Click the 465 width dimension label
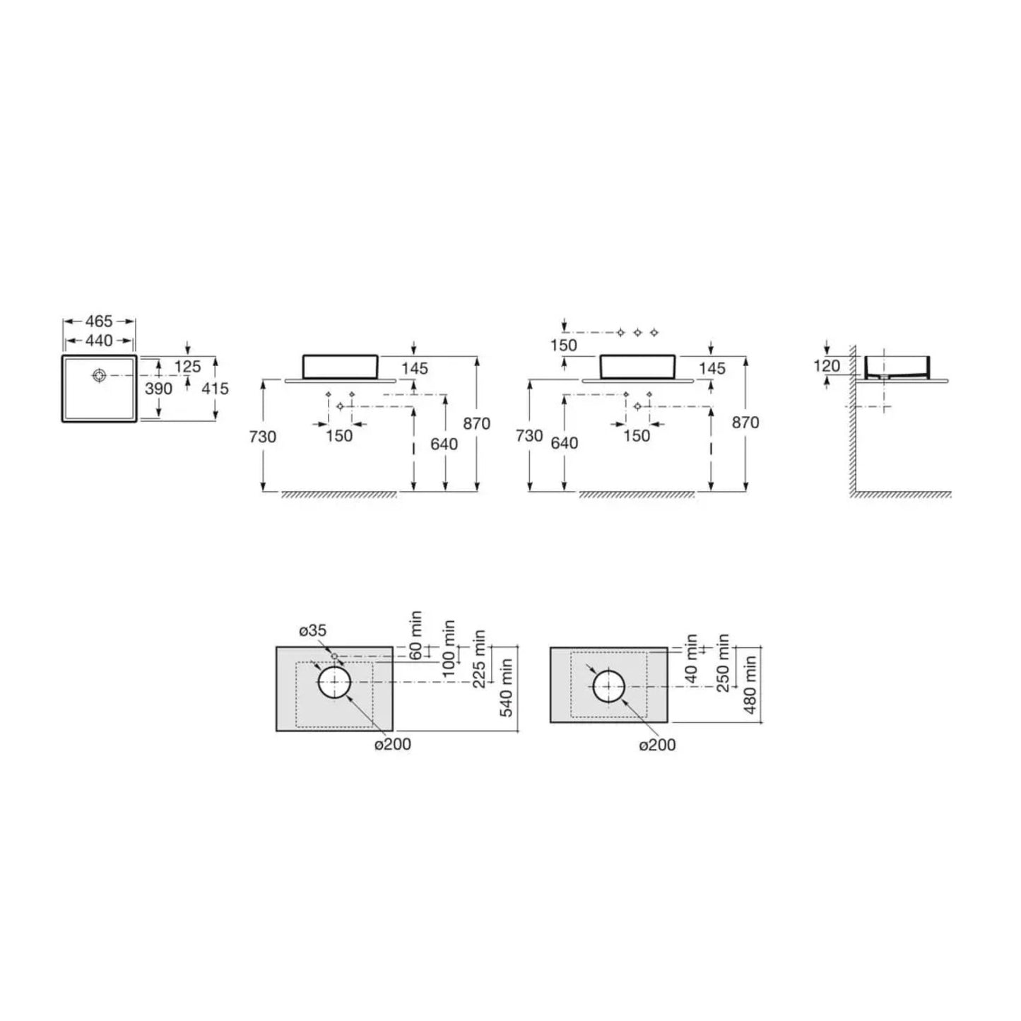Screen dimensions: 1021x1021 tap(99, 321)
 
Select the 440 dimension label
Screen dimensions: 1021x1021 tap(99, 341)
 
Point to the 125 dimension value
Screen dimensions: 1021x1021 tap(187, 367)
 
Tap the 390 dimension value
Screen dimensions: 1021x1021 tap(158, 389)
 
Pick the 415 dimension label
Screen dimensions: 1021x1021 tap(216, 389)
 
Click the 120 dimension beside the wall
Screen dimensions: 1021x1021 tap(827, 365)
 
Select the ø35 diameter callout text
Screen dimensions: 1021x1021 tap(312, 631)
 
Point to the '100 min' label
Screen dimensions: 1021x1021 tap(448, 649)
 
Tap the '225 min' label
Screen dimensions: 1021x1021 tap(480, 659)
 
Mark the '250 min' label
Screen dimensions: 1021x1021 tap(723, 663)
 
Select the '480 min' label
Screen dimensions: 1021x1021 tap(750, 684)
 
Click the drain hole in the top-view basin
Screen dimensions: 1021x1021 tap(99, 376)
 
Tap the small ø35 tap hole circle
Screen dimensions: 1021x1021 tap(334, 656)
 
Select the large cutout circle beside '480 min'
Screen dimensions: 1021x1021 tap(608, 686)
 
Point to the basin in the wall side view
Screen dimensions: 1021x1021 tap(895, 366)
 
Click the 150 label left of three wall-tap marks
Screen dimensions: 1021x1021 tap(563, 346)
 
